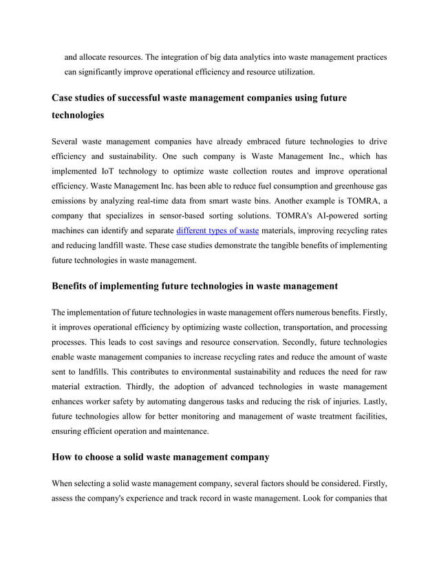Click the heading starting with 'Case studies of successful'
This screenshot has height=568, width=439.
point(199,98)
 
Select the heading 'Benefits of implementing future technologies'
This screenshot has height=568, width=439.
point(195,285)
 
